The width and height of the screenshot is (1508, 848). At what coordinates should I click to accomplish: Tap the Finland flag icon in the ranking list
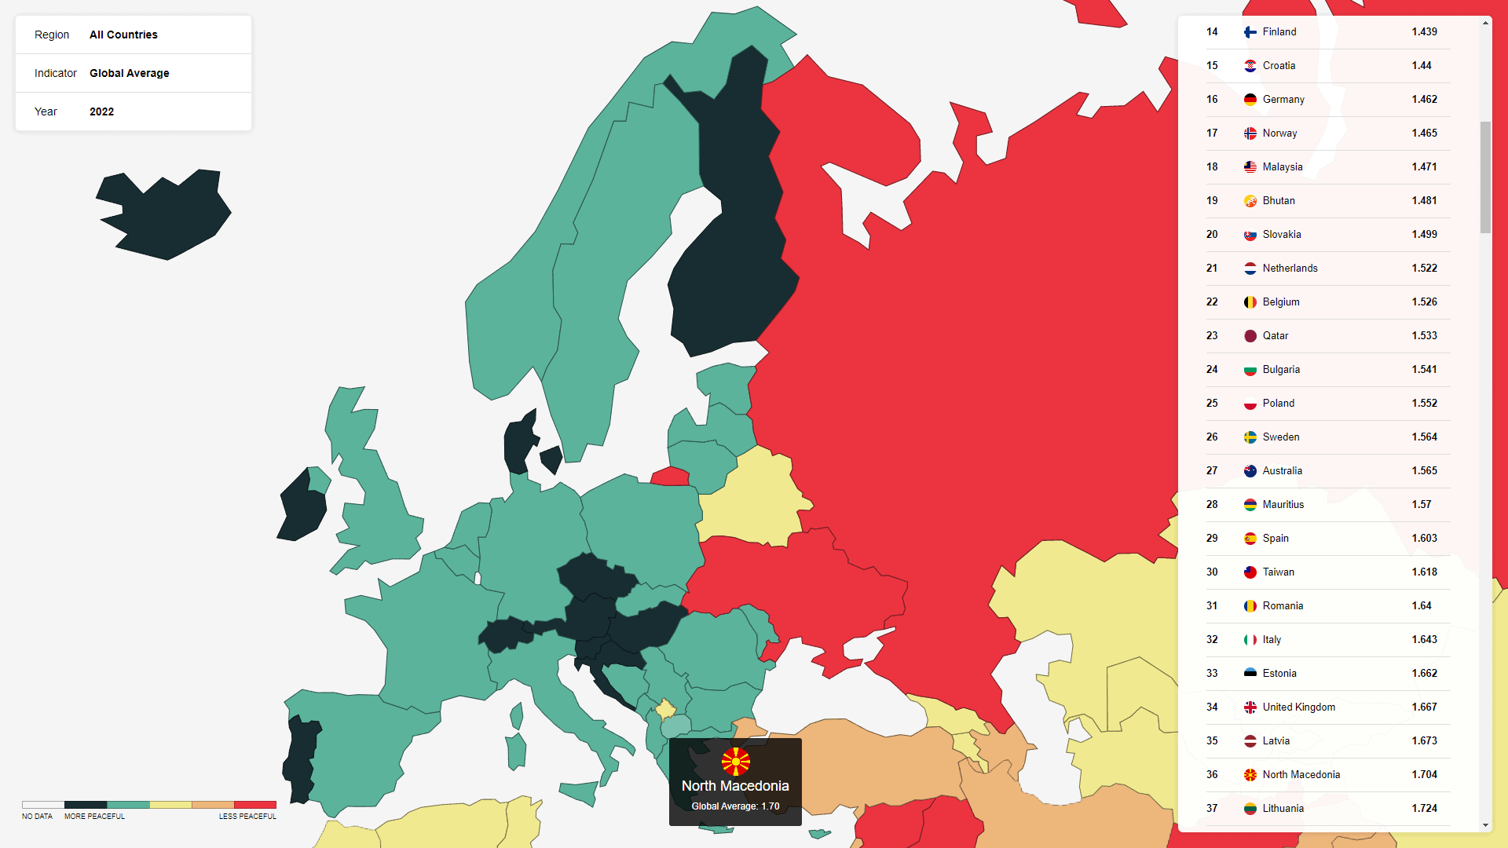pyautogui.click(x=1250, y=32)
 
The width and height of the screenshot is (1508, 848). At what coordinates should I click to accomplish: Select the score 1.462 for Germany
pyautogui.click(x=1424, y=100)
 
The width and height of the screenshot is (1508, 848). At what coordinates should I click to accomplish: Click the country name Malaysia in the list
pyautogui.click(x=1282, y=167)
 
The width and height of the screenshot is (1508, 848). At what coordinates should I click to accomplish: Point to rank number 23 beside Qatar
pyautogui.click(x=1212, y=336)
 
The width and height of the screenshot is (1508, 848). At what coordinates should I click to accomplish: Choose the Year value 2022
pyautogui.click(x=101, y=111)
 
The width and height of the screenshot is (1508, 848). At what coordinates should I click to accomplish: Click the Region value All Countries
pyautogui.click(x=123, y=35)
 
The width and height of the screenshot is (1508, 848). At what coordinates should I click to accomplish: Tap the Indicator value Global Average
pyautogui.click(x=130, y=73)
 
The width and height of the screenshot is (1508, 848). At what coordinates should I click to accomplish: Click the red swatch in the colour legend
pyautogui.click(x=255, y=805)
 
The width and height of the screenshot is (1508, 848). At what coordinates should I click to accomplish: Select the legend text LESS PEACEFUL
pyautogui.click(x=247, y=817)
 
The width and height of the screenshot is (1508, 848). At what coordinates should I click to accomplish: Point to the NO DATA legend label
pyautogui.click(x=37, y=817)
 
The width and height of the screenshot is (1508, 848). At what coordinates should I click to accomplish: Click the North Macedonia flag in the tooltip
pyautogui.click(x=735, y=762)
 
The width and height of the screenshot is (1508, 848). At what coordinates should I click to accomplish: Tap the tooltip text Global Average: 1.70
pyautogui.click(x=735, y=806)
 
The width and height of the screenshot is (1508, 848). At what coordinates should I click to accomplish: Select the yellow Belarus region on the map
pyautogui.click(x=754, y=495)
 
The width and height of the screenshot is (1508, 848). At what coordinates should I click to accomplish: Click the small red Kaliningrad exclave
pyautogui.click(x=671, y=477)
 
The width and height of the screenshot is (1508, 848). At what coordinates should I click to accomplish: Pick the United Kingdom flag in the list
pyautogui.click(x=1250, y=707)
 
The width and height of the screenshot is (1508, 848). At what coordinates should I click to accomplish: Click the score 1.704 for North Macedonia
pyautogui.click(x=1424, y=775)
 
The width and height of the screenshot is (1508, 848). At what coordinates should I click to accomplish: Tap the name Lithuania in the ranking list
pyautogui.click(x=1283, y=809)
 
